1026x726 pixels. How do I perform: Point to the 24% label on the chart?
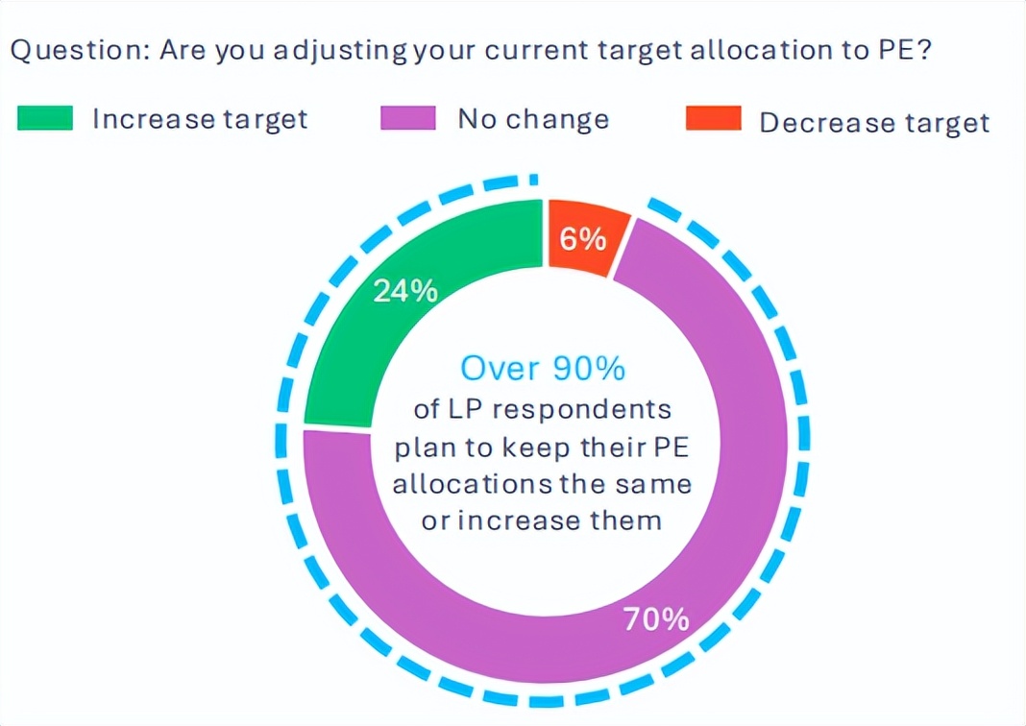tap(405, 290)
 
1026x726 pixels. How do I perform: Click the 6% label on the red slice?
tap(583, 238)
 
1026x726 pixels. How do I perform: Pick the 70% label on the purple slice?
tap(656, 619)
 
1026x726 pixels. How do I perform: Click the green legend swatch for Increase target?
tap(44, 119)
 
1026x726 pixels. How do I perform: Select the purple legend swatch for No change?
tap(408, 119)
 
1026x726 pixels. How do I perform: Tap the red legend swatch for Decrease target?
tap(712, 120)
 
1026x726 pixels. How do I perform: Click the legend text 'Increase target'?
tap(200, 120)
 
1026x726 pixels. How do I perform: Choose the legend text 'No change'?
tap(533, 120)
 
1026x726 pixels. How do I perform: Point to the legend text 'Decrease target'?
tap(874, 123)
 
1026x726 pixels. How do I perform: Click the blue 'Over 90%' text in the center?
tap(544, 368)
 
